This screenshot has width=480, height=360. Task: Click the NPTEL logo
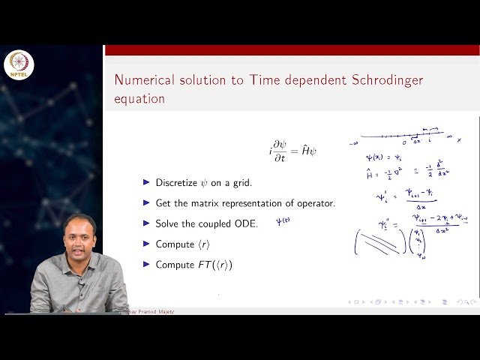19,65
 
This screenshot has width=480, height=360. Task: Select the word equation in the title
139,98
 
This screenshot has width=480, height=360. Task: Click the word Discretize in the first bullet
177,182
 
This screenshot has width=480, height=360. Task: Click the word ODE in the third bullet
246,223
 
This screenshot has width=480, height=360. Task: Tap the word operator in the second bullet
312,203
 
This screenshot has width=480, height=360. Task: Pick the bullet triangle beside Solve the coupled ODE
146,223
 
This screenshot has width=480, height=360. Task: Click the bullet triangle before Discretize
146,182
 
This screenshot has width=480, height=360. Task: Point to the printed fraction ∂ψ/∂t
283,151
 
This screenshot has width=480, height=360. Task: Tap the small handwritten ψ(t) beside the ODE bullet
283,221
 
